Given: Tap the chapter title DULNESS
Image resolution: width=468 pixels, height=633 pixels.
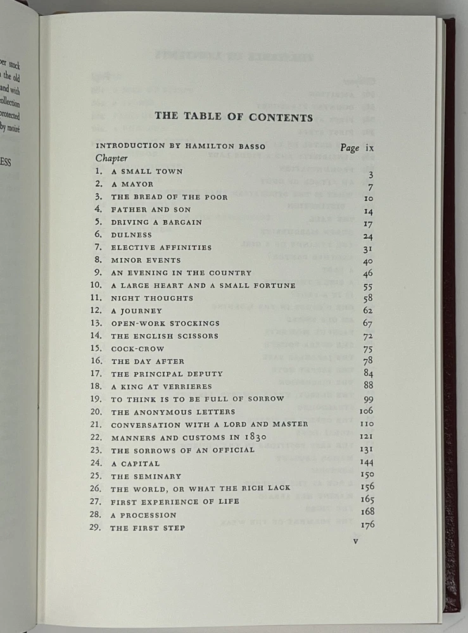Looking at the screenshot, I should (x=132, y=235).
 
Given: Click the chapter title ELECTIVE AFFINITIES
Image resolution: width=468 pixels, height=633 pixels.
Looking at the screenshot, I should (x=161, y=248).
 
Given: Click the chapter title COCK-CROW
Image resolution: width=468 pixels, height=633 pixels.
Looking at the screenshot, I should (x=137, y=349).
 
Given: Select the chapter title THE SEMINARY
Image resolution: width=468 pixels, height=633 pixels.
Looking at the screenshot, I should (x=146, y=476).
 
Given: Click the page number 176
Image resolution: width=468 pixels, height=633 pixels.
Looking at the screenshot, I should (x=367, y=526).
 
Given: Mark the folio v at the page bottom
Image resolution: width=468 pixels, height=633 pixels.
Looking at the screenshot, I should (x=356, y=541).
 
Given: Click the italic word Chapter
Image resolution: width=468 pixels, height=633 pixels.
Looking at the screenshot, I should (x=112, y=158).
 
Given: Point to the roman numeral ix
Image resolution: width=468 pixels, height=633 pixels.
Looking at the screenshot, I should (x=370, y=147).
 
